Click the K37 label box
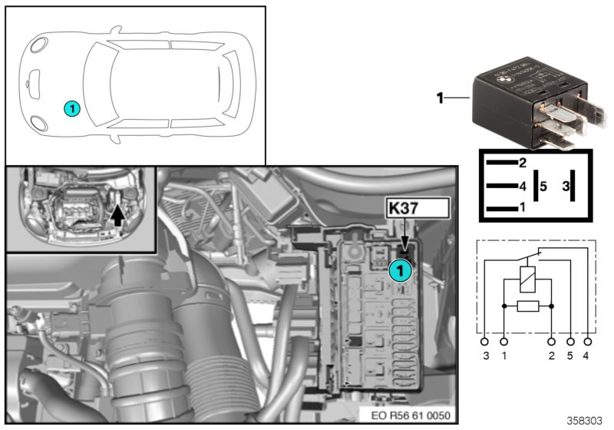[x=415, y=208]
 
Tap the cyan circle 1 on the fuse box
[x=399, y=270]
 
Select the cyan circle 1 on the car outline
[x=71, y=109]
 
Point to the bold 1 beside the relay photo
[x=440, y=98]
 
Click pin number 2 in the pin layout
[x=522, y=162]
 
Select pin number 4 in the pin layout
[x=522, y=185]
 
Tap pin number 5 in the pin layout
[x=542, y=185]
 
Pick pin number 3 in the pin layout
[x=565, y=185]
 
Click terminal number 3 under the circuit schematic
[x=485, y=356]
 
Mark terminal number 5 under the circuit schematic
[x=570, y=356]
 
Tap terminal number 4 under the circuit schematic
[x=588, y=356]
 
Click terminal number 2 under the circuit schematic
[x=552, y=356]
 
